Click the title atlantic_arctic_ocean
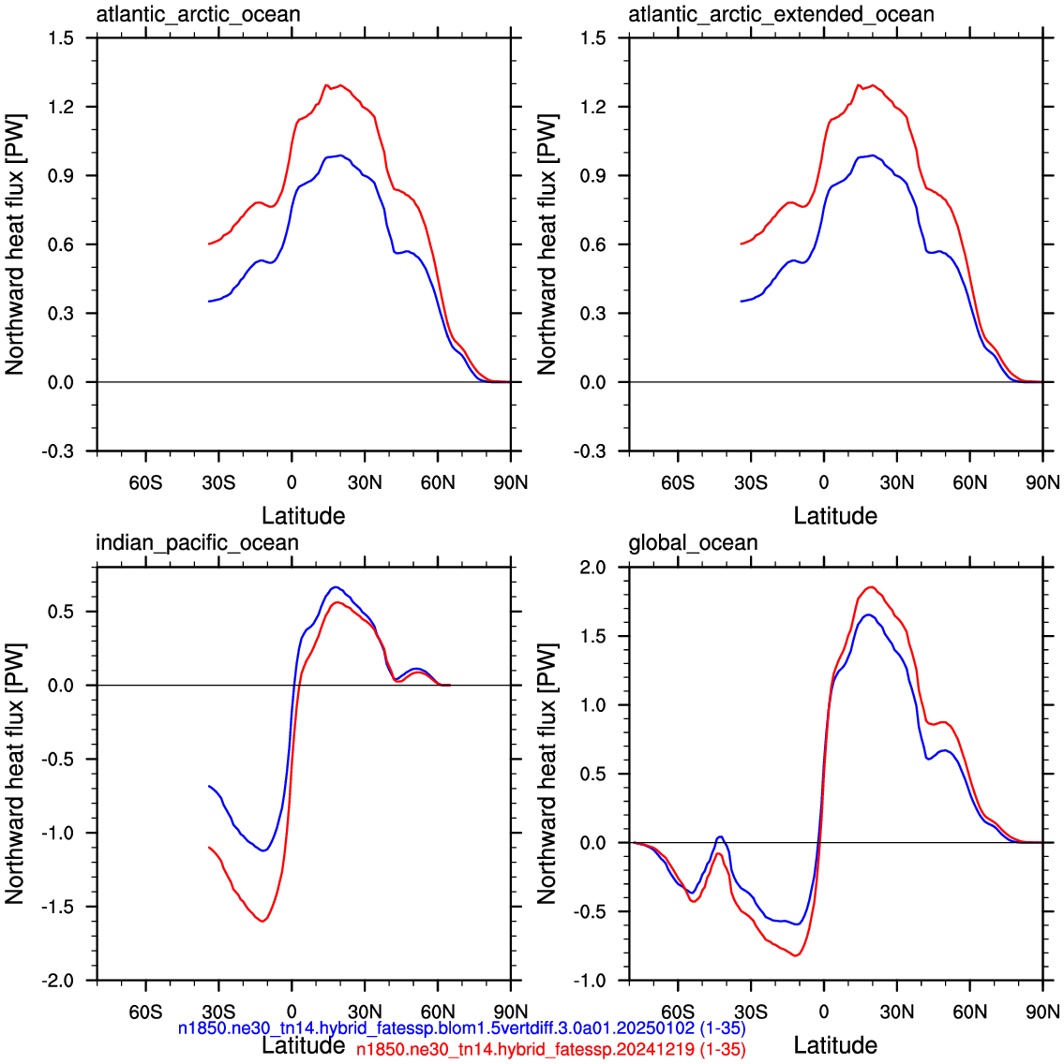coord(198,14)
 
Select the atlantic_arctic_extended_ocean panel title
coord(781,14)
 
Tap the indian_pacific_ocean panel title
coord(197,543)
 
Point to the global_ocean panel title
coord(693,543)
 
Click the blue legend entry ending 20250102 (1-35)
coord(462,1028)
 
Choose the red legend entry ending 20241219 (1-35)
coord(550,1049)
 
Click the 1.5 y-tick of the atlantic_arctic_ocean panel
coord(61,38)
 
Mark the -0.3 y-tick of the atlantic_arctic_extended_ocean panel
coord(590,451)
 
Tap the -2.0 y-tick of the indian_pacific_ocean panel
coord(58,981)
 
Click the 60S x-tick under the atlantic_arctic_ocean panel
coord(145,482)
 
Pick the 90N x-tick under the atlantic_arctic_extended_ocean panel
coord(1043,482)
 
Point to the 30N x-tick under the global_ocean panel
coord(897,1012)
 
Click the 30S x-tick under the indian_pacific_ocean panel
coord(218,1012)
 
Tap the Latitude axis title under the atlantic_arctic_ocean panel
coord(304,516)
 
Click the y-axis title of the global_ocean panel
coord(547,774)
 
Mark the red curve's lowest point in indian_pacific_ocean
coord(262,921)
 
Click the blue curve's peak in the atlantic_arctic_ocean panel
coord(340,155)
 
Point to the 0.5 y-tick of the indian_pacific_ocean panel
coord(61,612)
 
